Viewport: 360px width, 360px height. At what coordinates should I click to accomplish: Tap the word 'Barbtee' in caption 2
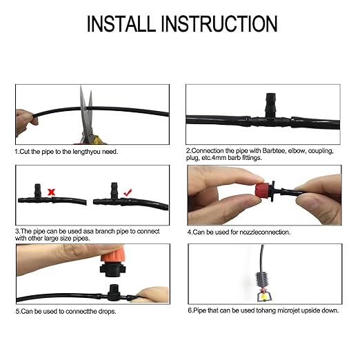[x=271, y=150]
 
